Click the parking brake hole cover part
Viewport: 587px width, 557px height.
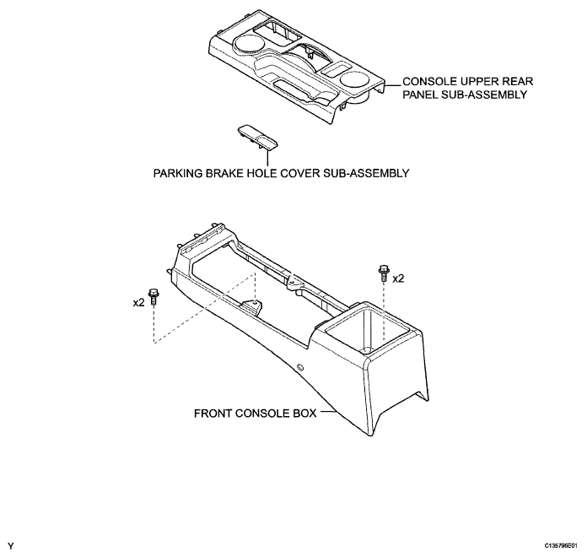pyautogui.click(x=258, y=137)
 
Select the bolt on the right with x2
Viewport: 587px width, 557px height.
pyautogui.click(x=383, y=273)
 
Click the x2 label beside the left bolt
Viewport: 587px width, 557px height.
pyautogui.click(x=138, y=303)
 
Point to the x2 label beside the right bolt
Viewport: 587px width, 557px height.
pyautogui.click(x=398, y=278)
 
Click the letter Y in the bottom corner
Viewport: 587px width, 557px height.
pyautogui.click(x=10, y=546)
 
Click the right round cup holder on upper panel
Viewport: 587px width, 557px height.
pyautogui.click(x=356, y=80)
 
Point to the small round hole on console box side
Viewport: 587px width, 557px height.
pyautogui.click(x=300, y=367)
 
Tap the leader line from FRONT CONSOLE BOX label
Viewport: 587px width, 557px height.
pyautogui.click(x=329, y=412)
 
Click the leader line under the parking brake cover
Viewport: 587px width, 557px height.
pyautogui.click(x=268, y=157)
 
